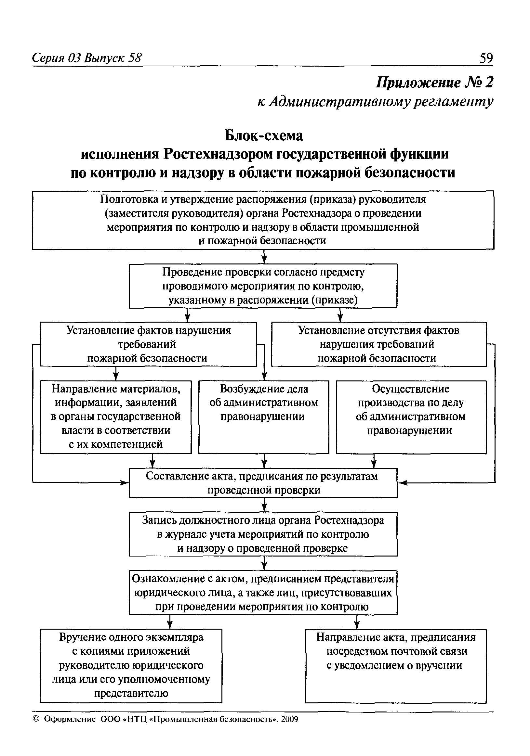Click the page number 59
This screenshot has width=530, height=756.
[486, 58]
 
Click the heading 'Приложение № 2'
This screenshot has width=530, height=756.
[435, 82]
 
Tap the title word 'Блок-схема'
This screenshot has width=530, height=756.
[264, 135]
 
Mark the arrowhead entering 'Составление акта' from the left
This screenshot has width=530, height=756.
[125, 483]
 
